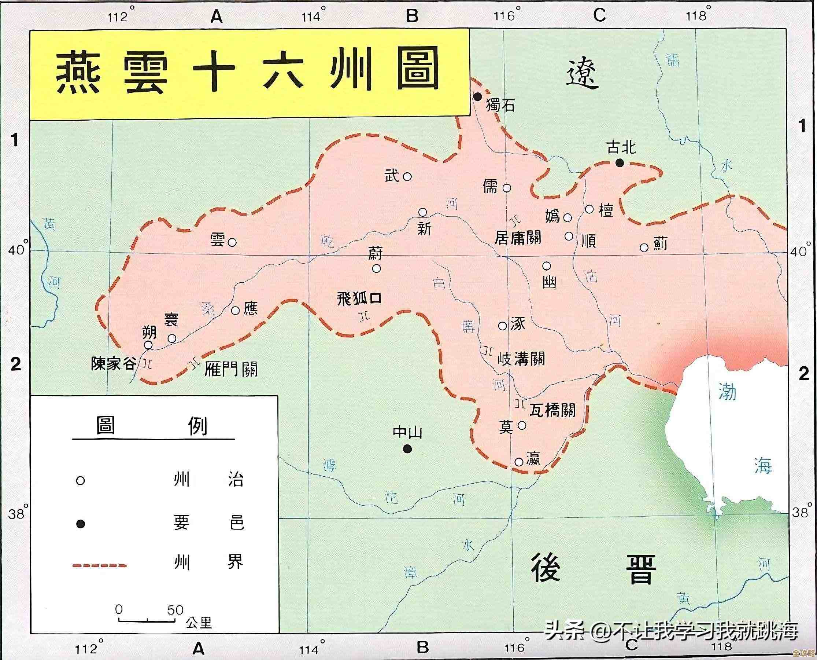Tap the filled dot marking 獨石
[x=477, y=96]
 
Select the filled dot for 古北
[x=620, y=163]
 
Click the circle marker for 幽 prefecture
[x=546, y=265]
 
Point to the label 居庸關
[x=518, y=238]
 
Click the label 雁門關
[x=230, y=369]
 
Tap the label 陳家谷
[x=113, y=364]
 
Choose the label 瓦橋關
[x=552, y=410]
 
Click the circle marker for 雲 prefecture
[x=232, y=242]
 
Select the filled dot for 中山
[x=407, y=449]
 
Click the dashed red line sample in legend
[x=99, y=566]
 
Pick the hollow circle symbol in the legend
[x=80, y=481]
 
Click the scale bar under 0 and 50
[x=147, y=620]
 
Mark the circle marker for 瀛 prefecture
[x=519, y=462]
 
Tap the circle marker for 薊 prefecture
[x=644, y=247]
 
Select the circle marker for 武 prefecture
[x=407, y=176]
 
